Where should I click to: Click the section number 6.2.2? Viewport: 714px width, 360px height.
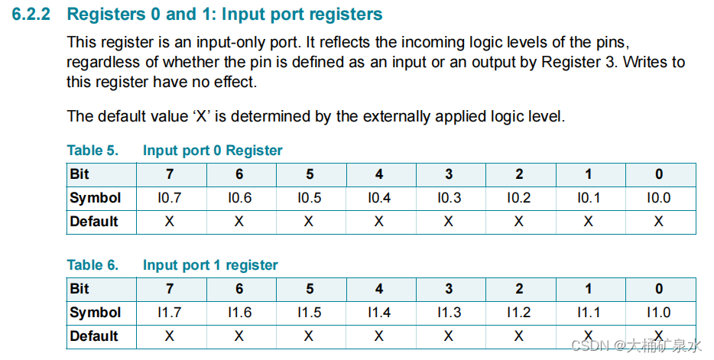pos(33,15)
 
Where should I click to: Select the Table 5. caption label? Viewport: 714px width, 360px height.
pos(92,151)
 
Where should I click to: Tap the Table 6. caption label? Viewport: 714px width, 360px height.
pos(92,265)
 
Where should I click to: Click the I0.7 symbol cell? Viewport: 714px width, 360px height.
pos(170,198)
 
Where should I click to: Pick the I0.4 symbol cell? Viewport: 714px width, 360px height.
pos(379,198)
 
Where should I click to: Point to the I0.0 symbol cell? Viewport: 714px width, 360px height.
pos(659,198)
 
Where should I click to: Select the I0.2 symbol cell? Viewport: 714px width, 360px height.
pos(519,198)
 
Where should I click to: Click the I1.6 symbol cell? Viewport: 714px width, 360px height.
pos(239,313)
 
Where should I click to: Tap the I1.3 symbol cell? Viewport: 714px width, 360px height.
pos(449,313)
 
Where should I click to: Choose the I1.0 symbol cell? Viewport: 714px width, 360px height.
pos(659,313)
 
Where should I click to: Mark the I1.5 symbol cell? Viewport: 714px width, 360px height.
pos(309,313)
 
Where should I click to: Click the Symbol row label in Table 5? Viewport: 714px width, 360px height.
pos(95,198)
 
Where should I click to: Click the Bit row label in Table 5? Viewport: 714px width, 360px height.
pos(80,174)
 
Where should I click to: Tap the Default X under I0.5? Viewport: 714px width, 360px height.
pos(309,222)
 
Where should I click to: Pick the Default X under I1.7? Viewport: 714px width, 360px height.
pos(170,336)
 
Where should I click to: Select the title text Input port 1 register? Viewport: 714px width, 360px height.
pos(210,265)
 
